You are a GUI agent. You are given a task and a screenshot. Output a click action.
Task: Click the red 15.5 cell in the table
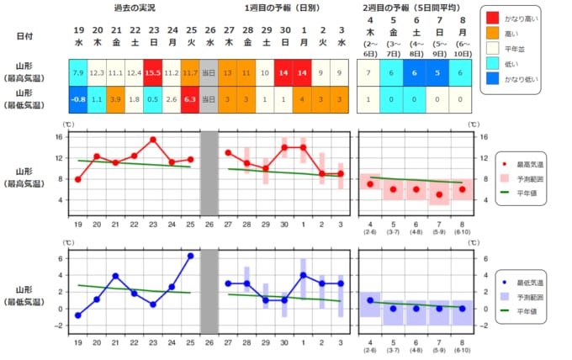[153, 73]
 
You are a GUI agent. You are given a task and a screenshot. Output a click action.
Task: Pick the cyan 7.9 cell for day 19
[78, 73]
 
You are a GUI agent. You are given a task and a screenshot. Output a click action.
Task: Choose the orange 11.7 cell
[190, 73]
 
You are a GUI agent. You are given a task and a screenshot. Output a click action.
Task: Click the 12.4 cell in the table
[134, 73]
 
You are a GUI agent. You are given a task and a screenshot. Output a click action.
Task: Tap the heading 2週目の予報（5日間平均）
[414, 7]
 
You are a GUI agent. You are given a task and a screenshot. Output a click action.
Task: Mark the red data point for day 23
[153, 140]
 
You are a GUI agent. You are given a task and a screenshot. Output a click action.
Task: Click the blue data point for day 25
[190, 256]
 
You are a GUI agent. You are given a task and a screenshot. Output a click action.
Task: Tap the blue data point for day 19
[78, 315]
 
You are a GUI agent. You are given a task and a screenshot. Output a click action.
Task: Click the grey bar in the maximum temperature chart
[209, 172]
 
